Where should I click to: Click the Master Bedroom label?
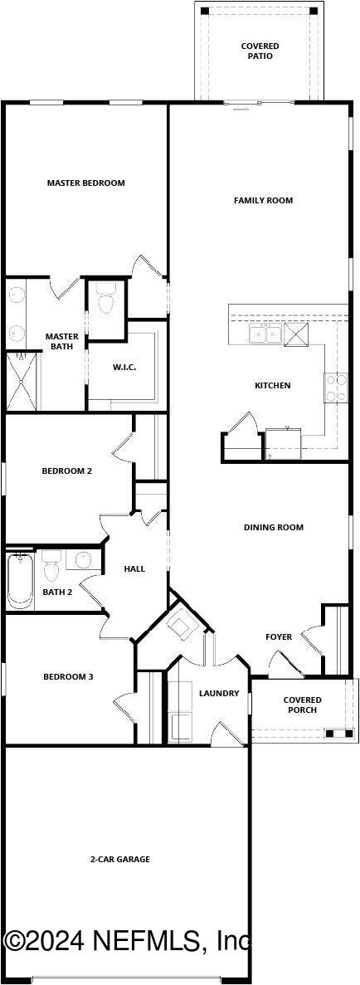(x=85, y=183)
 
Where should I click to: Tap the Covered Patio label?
(x=260, y=51)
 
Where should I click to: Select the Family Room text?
(x=263, y=201)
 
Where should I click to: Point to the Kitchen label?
(x=272, y=386)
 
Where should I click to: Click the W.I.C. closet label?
(x=124, y=368)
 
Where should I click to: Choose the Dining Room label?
(x=273, y=528)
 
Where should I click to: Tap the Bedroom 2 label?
(x=66, y=471)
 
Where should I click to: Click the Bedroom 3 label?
(x=68, y=677)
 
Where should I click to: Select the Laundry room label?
(x=219, y=694)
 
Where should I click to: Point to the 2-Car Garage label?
(x=120, y=860)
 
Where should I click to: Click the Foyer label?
(x=279, y=637)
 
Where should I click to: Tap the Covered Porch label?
(x=302, y=705)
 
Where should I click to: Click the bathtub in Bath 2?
(x=18, y=580)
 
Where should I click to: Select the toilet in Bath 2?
(x=51, y=568)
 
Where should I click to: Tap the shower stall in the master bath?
(x=23, y=381)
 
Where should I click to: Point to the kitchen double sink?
(x=265, y=334)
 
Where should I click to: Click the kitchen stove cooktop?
(x=336, y=388)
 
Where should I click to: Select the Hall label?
(x=134, y=569)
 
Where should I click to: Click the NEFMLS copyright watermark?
(x=127, y=941)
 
